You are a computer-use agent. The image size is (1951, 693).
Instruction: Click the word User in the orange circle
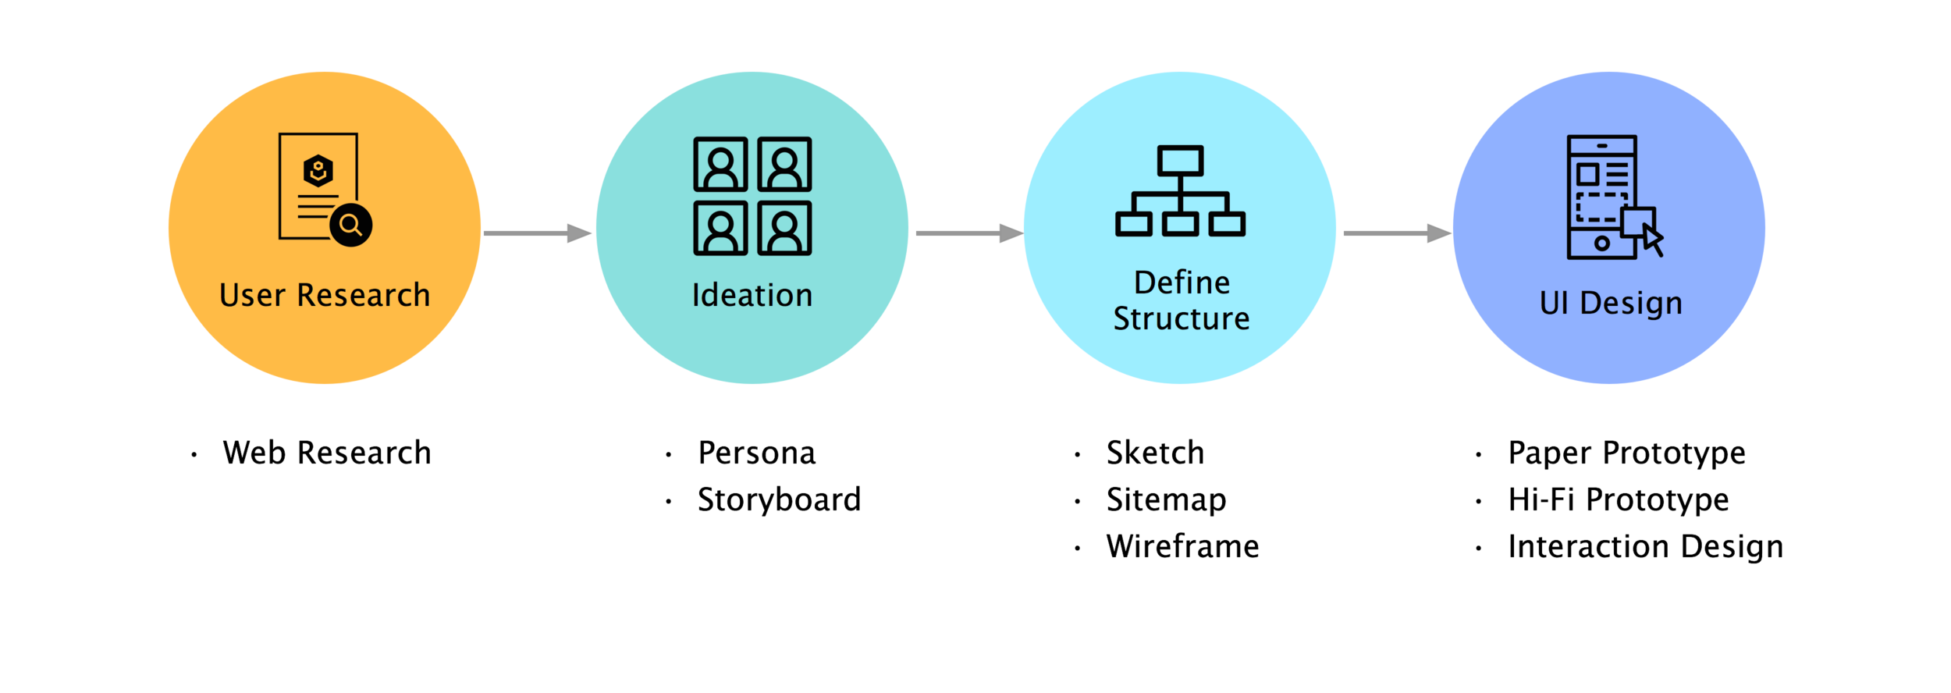[252, 296]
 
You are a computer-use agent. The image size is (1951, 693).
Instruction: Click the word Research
[364, 296]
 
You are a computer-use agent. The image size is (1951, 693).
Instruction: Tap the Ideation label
[752, 296]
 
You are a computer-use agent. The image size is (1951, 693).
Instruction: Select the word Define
[1182, 283]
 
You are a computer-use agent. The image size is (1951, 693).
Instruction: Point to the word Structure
[1181, 319]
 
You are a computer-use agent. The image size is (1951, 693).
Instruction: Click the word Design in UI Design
[1631, 304]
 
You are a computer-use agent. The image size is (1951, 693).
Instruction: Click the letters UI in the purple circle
[1554, 304]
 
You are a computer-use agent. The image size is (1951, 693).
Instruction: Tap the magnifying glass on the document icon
[350, 226]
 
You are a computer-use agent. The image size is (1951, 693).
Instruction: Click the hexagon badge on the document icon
[318, 171]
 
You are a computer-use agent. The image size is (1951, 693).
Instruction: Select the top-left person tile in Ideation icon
[720, 165]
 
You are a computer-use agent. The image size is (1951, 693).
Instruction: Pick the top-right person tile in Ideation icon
[784, 165]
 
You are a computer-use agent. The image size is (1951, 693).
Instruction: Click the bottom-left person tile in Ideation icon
[720, 229]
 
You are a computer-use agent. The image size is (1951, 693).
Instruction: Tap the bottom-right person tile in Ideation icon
[784, 229]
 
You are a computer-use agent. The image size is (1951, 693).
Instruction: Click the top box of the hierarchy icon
[1180, 162]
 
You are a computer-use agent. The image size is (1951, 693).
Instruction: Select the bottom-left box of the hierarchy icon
[1133, 225]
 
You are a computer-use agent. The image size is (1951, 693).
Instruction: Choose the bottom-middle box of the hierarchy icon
[1180, 225]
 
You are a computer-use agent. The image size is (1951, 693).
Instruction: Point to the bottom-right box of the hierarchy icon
[1228, 225]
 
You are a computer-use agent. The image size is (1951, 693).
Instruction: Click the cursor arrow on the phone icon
[1652, 239]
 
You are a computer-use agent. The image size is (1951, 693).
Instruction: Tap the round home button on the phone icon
[1601, 243]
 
